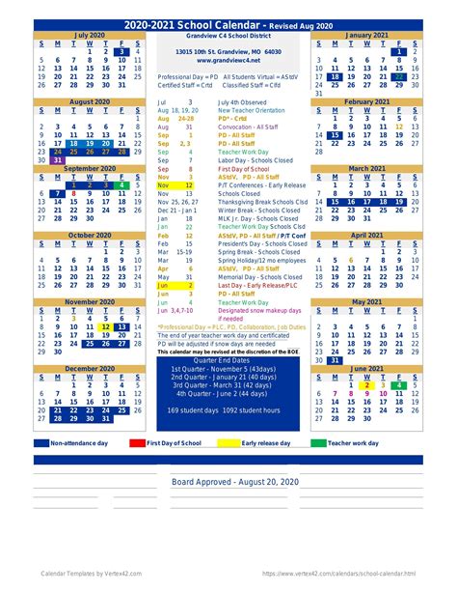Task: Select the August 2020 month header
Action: click(90, 101)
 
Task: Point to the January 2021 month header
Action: click(366, 34)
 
